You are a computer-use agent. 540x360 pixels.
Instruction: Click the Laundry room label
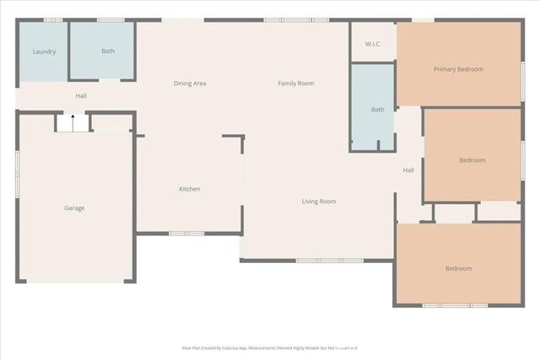click(x=44, y=51)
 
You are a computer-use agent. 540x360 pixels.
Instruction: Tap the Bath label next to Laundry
click(x=108, y=51)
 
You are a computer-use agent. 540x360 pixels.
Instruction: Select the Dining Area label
click(x=190, y=83)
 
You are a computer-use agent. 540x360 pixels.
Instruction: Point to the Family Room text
click(x=296, y=83)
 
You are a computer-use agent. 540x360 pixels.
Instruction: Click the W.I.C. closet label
click(x=374, y=44)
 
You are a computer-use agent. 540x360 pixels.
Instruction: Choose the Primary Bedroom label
click(x=458, y=69)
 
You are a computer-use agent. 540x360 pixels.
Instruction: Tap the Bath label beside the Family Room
click(x=377, y=110)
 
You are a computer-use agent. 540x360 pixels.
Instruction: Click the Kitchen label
click(x=189, y=189)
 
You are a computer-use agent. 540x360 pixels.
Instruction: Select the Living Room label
click(x=319, y=201)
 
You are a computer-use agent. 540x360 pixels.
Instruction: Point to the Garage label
click(x=74, y=208)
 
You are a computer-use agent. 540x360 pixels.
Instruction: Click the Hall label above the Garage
click(x=81, y=96)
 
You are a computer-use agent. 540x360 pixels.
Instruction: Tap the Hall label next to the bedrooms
click(x=408, y=170)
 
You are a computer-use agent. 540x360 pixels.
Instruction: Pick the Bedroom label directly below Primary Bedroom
click(x=472, y=160)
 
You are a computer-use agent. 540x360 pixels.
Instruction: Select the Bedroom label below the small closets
click(x=458, y=269)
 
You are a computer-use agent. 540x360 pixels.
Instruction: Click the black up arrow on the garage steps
click(x=73, y=122)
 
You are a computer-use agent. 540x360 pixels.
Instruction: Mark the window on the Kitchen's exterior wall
click(x=186, y=234)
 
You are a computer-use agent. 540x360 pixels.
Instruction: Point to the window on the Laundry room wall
click(x=52, y=19)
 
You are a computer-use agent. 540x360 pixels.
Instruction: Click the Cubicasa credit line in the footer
click(x=270, y=347)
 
